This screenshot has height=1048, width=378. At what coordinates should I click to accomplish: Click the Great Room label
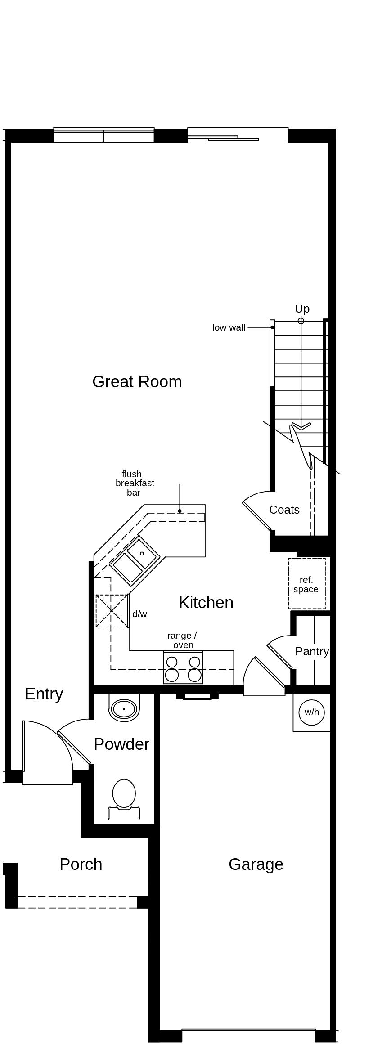pyautogui.click(x=137, y=382)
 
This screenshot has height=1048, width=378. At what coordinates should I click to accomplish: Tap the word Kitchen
pyautogui.click(x=206, y=603)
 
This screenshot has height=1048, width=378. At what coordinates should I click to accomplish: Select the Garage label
pyautogui.click(x=256, y=864)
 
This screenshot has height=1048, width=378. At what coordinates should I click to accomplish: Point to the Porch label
pyautogui.click(x=81, y=864)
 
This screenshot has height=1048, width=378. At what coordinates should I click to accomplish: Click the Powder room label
pyautogui.click(x=121, y=744)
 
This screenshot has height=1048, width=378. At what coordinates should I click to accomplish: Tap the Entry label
pyautogui.click(x=44, y=694)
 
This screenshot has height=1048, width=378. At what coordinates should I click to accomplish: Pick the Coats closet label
pyautogui.click(x=284, y=510)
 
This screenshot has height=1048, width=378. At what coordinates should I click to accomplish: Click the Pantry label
pyautogui.click(x=312, y=651)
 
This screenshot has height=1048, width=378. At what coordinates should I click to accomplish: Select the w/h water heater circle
pyautogui.click(x=311, y=712)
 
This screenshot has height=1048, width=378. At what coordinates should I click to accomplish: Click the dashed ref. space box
pyautogui.click(x=306, y=584)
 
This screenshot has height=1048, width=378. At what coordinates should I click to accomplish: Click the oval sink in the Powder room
pyautogui.click(x=124, y=709)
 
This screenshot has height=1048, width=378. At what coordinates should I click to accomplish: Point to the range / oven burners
pyautogui.click(x=183, y=668)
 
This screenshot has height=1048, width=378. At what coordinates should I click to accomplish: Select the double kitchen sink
pyautogui.click(x=135, y=560)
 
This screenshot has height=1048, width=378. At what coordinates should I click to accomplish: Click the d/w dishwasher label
pyautogui.click(x=139, y=614)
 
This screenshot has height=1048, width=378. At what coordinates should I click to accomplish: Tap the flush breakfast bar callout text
pyautogui.click(x=134, y=484)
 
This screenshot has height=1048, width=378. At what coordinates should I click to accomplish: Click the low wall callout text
pyautogui.click(x=229, y=328)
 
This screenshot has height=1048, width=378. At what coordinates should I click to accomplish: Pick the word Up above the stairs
pyautogui.click(x=302, y=309)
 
